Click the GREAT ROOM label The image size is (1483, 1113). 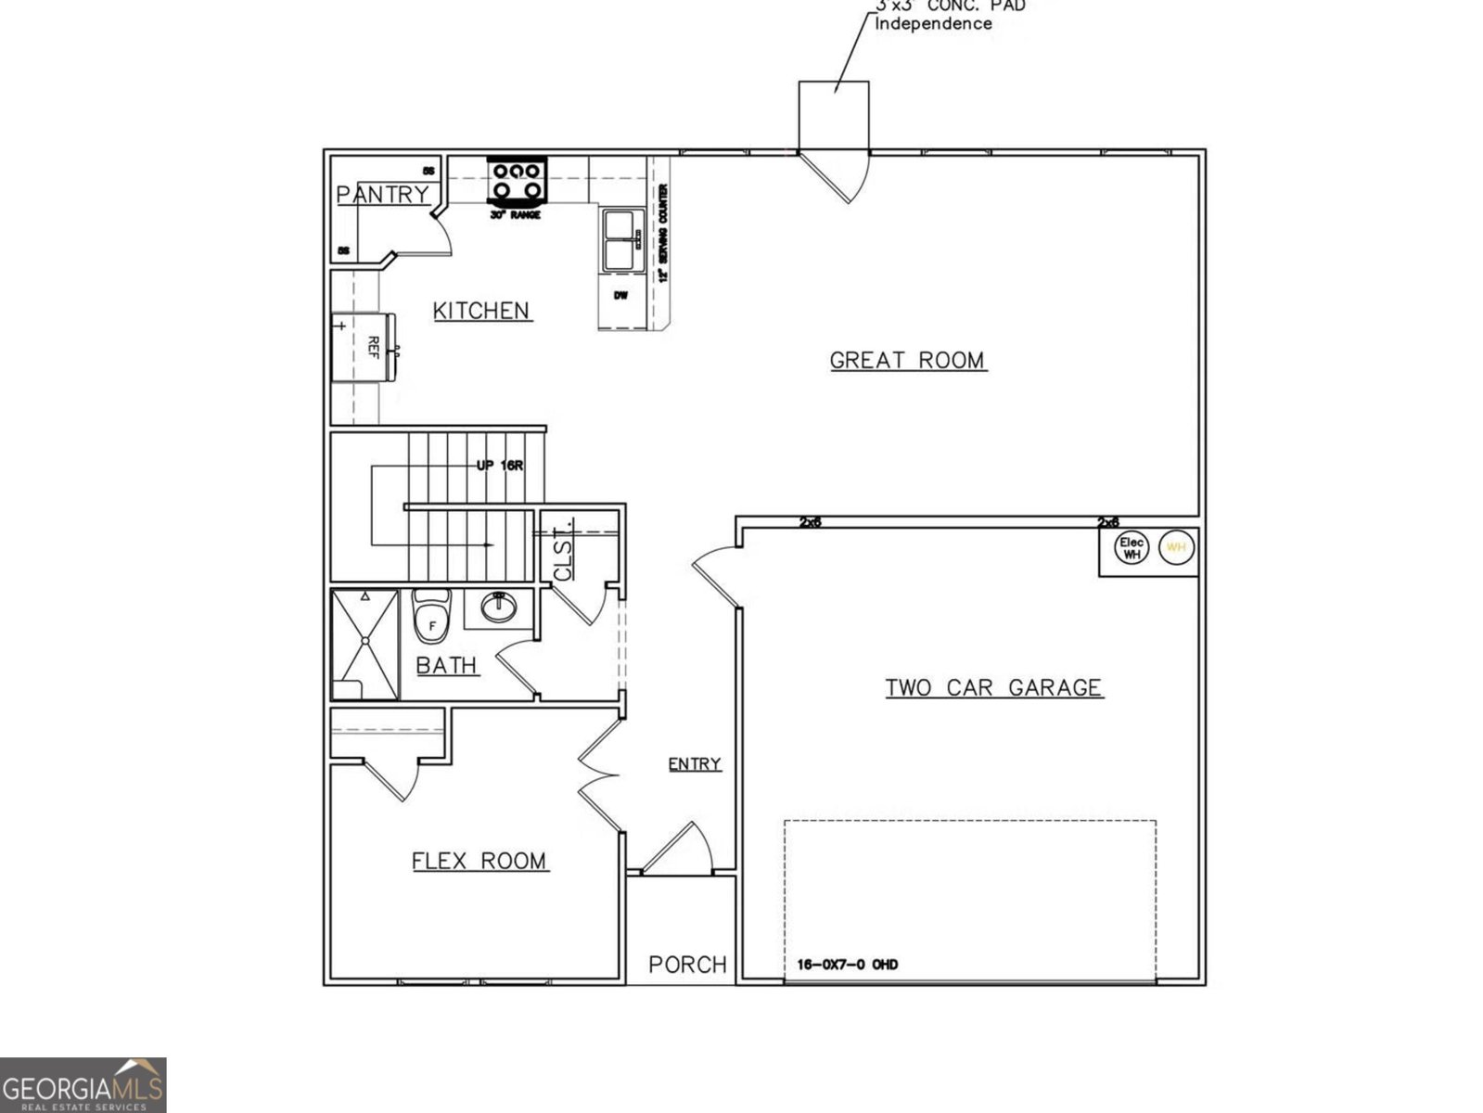tap(907, 360)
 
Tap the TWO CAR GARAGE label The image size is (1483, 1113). tap(993, 687)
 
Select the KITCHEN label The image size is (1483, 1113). tap(481, 311)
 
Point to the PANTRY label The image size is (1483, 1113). tap(382, 195)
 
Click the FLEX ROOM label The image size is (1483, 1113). tap(479, 861)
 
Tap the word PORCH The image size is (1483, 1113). tap(687, 965)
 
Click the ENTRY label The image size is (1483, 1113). tap(695, 763)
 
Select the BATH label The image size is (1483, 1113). tap(446, 665)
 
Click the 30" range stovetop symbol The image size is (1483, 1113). tap(517, 181)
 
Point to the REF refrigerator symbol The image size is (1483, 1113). tap(364, 348)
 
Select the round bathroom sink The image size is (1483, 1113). tap(500, 608)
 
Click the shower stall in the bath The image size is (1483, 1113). tap(364, 644)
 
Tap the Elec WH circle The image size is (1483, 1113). tap(1131, 548)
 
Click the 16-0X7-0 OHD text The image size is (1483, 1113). tap(847, 965)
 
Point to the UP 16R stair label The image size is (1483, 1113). tap(500, 465)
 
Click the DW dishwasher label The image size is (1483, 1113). tap(620, 296)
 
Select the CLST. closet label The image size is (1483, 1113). tap(563, 555)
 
